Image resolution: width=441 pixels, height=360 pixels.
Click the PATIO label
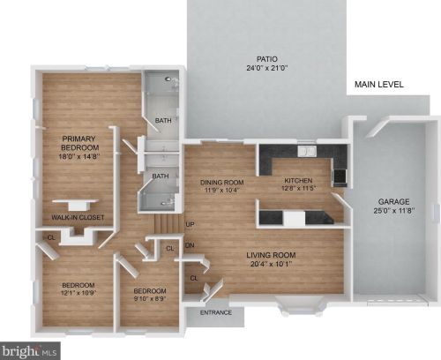pos(266,59)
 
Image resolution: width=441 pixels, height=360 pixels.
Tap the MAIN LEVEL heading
pos(379,85)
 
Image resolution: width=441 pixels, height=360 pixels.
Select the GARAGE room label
pos(393,202)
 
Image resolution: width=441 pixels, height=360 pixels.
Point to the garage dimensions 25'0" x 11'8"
pos(394,211)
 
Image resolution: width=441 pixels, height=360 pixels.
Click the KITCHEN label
pos(298,180)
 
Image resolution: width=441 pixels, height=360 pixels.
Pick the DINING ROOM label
pos(222,183)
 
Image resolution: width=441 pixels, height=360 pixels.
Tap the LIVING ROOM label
pos(271,255)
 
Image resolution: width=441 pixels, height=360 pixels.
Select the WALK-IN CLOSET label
pos(78,218)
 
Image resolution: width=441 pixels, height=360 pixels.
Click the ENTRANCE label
pos(216,312)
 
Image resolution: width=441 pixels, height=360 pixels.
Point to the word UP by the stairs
pos(190,224)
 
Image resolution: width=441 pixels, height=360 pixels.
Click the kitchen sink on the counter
pos(307,151)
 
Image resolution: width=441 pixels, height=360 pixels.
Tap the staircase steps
pos(167,223)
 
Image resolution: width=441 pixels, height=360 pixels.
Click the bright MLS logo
pos(30,351)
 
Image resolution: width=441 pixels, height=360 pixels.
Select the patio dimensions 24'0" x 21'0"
pos(267,68)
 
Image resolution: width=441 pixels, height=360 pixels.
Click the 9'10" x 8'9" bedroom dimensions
pos(150,298)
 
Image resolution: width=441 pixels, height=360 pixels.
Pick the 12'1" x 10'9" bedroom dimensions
pos(78,293)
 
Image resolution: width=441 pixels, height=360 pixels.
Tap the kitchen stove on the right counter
pos(340,176)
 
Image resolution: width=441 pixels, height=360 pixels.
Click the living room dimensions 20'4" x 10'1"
pos(271,264)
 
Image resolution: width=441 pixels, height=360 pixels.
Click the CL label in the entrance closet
pos(194,278)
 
